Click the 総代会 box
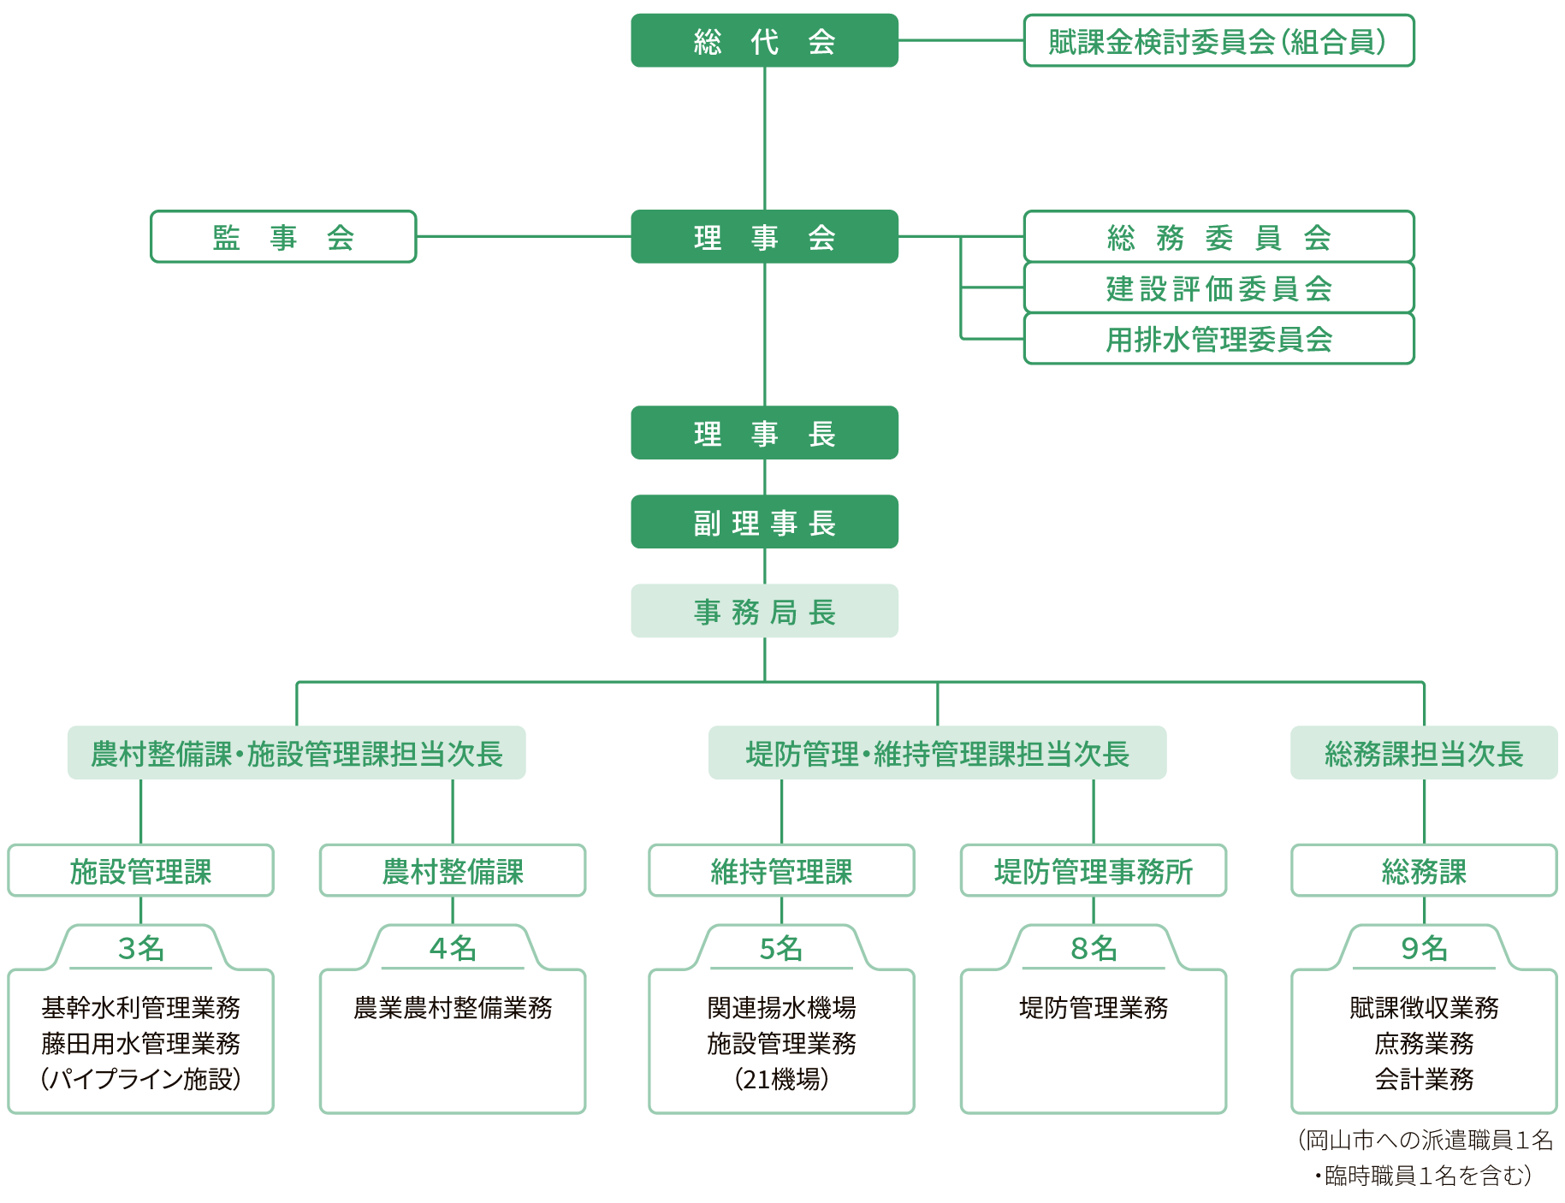point(764,40)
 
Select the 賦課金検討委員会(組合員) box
point(1218,40)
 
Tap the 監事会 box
point(283,236)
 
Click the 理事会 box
point(764,236)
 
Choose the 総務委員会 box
point(1218,236)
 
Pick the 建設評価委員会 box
point(1218,287)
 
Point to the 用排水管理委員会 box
point(1218,339)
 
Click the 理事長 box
point(764,433)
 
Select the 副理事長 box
point(764,522)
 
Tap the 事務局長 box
point(764,611)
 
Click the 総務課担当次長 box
point(1423,753)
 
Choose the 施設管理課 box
point(140,871)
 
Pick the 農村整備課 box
point(452,871)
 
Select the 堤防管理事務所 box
point(1093,871)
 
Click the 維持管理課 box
point(780,871)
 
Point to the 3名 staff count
point(140,948)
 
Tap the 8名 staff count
point(1093,948)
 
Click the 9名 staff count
point(1423,948)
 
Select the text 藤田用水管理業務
point(140,1044)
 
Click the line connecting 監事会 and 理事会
point(523,236)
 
